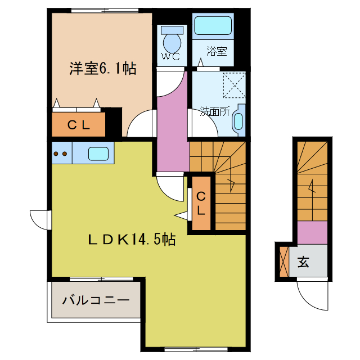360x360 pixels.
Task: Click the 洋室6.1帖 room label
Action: coord(103,69)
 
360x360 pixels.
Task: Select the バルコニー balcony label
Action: coord(96,299)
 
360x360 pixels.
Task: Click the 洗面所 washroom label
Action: coord(214,111)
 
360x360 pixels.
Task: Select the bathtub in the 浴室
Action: coord(213,26)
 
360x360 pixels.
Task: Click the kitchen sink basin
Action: coord(100,152)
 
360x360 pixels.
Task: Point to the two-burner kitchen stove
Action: coord(61,152)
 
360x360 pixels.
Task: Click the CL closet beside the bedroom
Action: coord(79,125)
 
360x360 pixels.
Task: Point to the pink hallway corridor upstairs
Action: coord(172,132)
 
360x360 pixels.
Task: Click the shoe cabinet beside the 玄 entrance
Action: coord(283,260)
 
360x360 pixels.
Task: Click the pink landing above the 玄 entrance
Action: coord(312,233)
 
